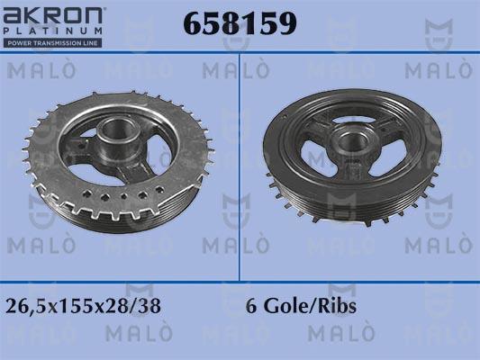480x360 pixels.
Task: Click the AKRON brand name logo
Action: [55, 15]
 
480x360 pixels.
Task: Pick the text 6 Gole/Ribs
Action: [301, 306]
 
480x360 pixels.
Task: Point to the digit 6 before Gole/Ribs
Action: [250, 306]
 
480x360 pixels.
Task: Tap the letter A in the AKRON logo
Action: [13, 15]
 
